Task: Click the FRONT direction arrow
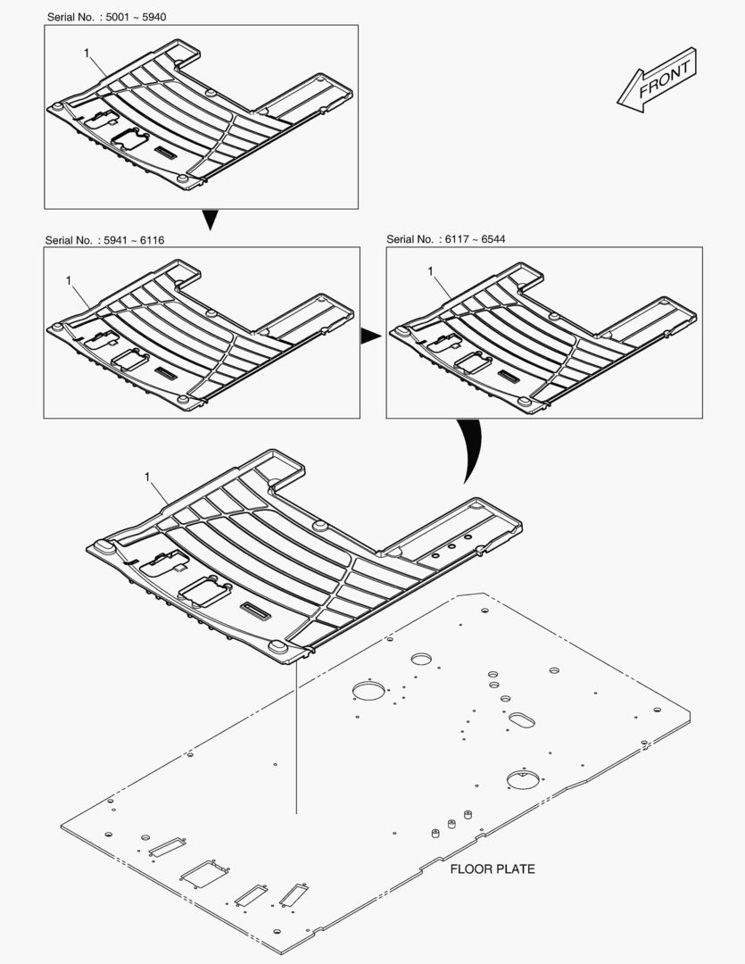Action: click(x=657, y=80)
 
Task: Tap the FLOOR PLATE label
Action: click(x=493, y=868)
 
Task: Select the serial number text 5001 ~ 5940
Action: click(x=136, y=17)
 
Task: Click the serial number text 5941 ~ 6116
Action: click(x=134, y=240)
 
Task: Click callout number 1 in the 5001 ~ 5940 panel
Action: click(x=87, y=54)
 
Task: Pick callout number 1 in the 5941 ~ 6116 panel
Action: click(x=69, y=280)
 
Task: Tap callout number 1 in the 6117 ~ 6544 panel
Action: click(x=430, y=270)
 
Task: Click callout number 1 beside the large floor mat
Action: click(x=147, y=477)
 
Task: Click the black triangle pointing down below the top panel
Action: click(x=211, y=220)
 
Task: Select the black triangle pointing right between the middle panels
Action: click(x=370, y=336)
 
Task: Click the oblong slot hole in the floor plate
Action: click(x=521, y=720)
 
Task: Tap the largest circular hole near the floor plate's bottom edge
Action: click(x=522, y=779)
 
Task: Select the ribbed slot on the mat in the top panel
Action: click(x=165, y=152)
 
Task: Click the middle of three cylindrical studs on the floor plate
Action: click(x=451, y=824)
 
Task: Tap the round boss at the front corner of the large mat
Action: click(x=277, y=647)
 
